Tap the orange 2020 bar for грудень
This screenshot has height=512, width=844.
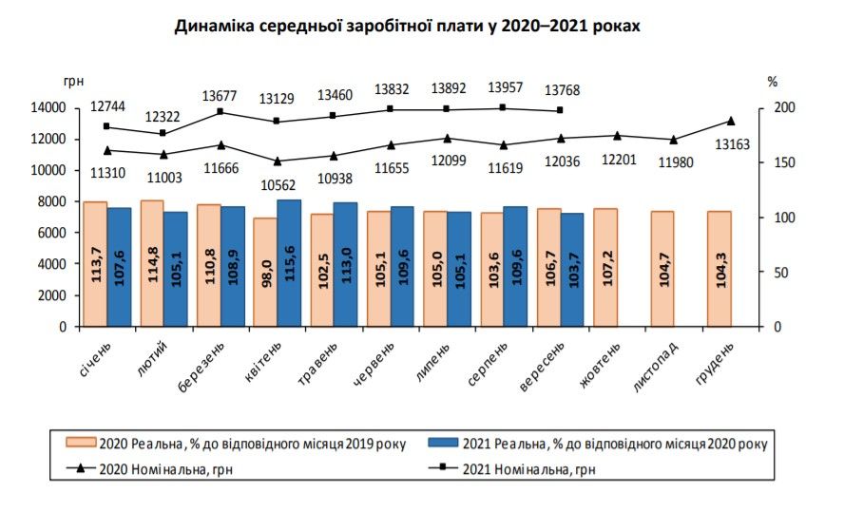click(x=719, y=269)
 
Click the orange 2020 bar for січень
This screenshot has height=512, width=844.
click(x=95, y=264)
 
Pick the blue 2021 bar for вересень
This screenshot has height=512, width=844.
click(x=572, y=270)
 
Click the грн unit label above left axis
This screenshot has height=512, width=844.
click(x=74, y=83)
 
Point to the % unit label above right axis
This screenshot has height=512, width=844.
click(x=772, y=83)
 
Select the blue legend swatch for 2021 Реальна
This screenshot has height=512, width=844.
click(x=443, y=443)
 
